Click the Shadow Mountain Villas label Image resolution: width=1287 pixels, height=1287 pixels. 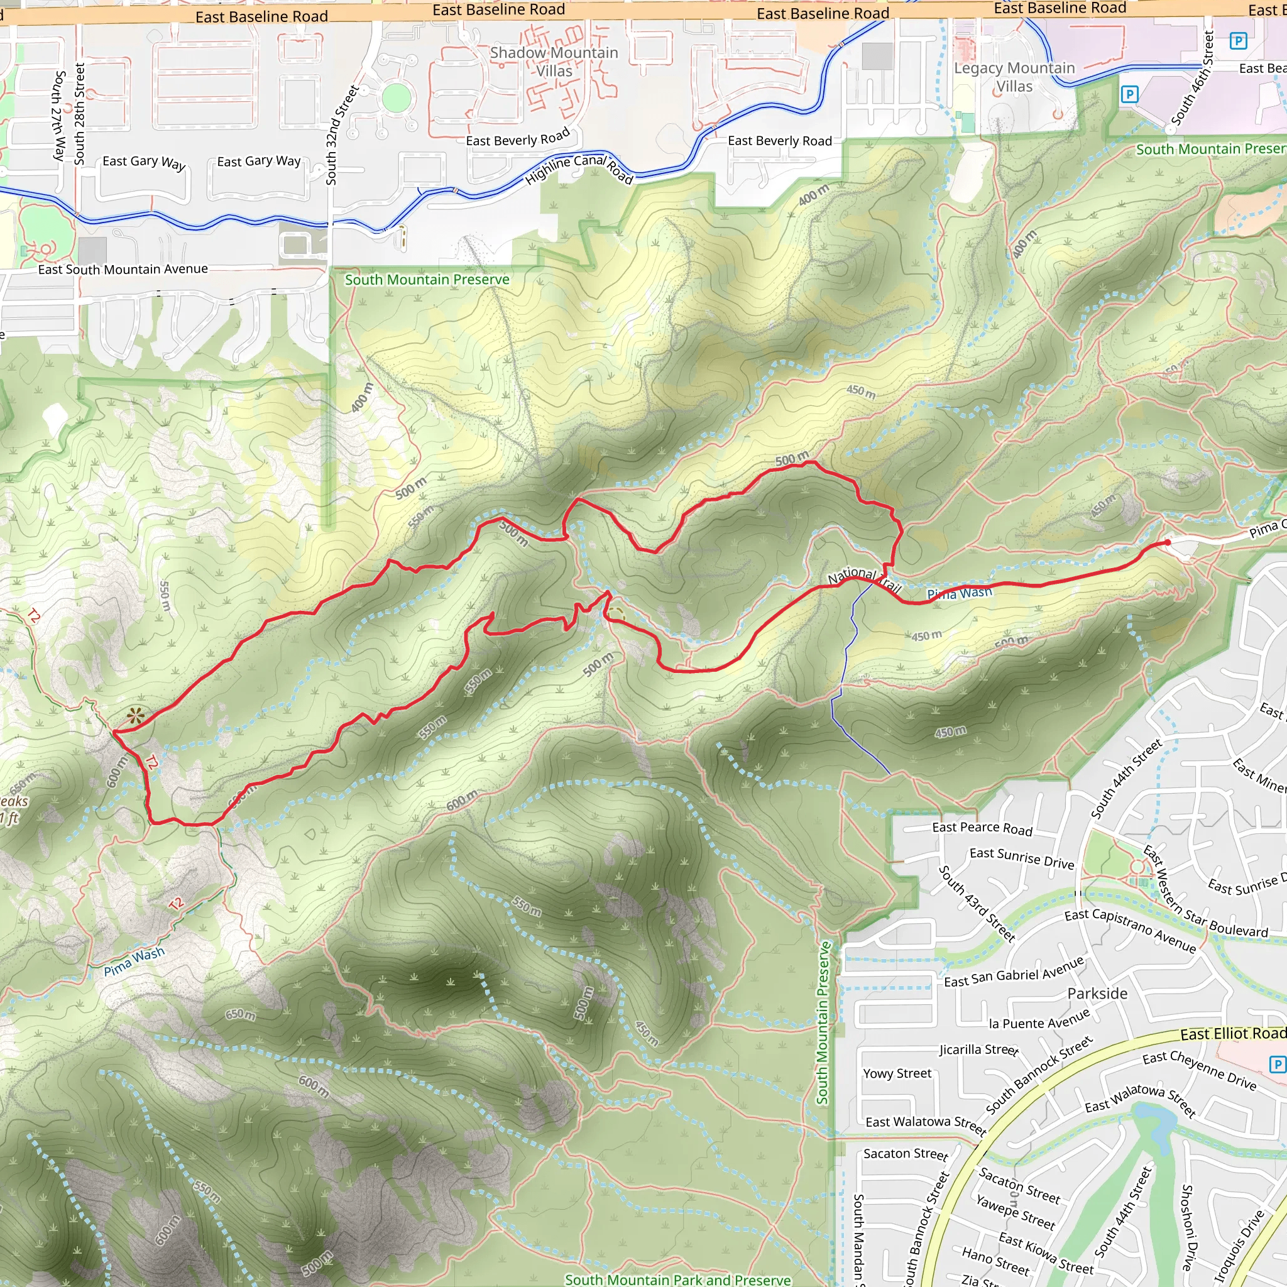click(554, 62)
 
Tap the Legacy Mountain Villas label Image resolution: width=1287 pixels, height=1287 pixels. click(1014, 77)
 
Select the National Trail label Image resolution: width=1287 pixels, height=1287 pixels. click(864, 579)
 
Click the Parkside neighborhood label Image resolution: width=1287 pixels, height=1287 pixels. click(1097, 994)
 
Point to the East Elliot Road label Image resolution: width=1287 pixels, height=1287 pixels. click(1232, 1033)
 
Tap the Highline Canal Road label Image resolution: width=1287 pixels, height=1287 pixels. click(578, 168)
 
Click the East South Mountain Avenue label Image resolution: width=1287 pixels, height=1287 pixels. click(123, 269)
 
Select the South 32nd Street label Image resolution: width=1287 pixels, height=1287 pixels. click(342, 134)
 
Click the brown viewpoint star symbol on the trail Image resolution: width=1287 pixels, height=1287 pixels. click(135, 716)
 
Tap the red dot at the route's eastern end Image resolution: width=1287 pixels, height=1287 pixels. click(1167, 543)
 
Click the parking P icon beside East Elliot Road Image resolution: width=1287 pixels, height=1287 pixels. click(1276, 1065)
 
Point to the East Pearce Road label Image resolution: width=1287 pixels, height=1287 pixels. click(982, 828)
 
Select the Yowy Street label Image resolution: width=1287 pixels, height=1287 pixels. click(897, 1073)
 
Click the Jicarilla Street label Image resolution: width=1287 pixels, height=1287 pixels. click(978, 1050)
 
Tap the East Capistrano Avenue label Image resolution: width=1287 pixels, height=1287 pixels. click(1130, 930)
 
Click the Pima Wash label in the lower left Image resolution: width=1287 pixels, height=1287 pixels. click(134, 962)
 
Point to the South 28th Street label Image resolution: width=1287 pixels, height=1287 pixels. click(80, 113)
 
